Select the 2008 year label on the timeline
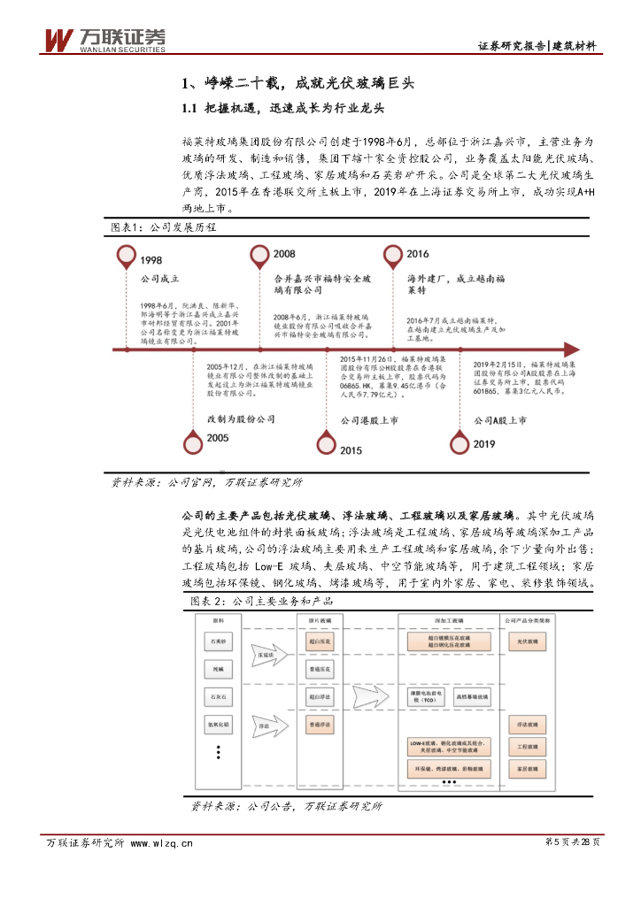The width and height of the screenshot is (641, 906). [285, 254]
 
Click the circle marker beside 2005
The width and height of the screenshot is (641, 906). [192, 441]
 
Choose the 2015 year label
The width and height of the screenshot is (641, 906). [350, 450]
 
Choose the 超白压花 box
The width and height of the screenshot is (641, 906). [320, 640]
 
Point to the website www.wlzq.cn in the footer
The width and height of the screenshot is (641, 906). [161, 843]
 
